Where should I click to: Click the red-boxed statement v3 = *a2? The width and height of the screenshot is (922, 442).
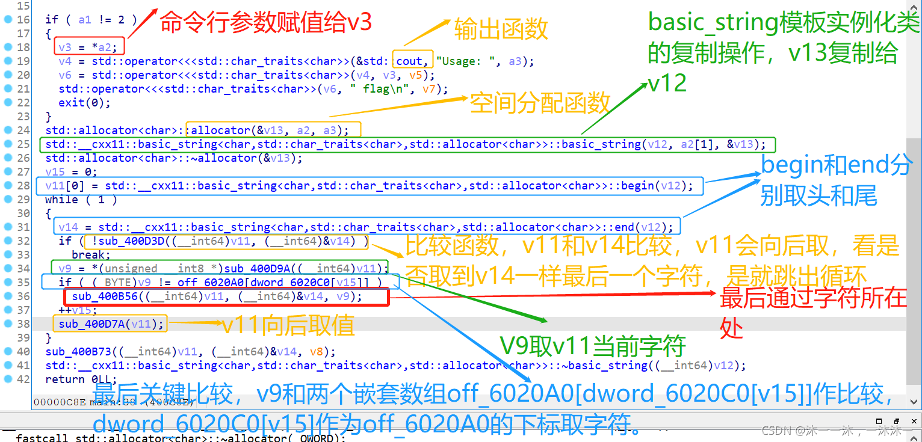tap(89, 47)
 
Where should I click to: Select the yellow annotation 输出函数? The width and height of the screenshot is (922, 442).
tap(501, 28)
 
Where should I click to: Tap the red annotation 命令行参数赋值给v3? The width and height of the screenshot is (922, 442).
tap(265, 23)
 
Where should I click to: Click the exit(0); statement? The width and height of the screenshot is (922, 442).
tap(85, 102)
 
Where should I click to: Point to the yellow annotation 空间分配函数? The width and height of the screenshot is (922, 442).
tap(540, 103)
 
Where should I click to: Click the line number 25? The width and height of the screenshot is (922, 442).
tap(23, 144)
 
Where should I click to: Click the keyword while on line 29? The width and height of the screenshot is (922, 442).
tap(61, 199)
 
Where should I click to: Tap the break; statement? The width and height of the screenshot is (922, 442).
tap(87, 254)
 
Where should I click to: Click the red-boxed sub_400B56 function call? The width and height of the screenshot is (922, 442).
tap(217, 296)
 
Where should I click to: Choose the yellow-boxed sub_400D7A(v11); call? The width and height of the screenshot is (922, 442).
tap(111, 324)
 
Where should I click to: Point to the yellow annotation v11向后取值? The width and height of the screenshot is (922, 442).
tap(288, 325)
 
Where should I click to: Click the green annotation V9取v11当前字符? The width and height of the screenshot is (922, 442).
tap(593, 346)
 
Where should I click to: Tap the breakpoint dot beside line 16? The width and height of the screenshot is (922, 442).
tap(8, 19)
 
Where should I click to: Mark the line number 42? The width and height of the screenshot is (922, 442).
tap(23, 379)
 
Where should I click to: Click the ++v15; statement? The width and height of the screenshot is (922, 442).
tap(78, 310)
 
